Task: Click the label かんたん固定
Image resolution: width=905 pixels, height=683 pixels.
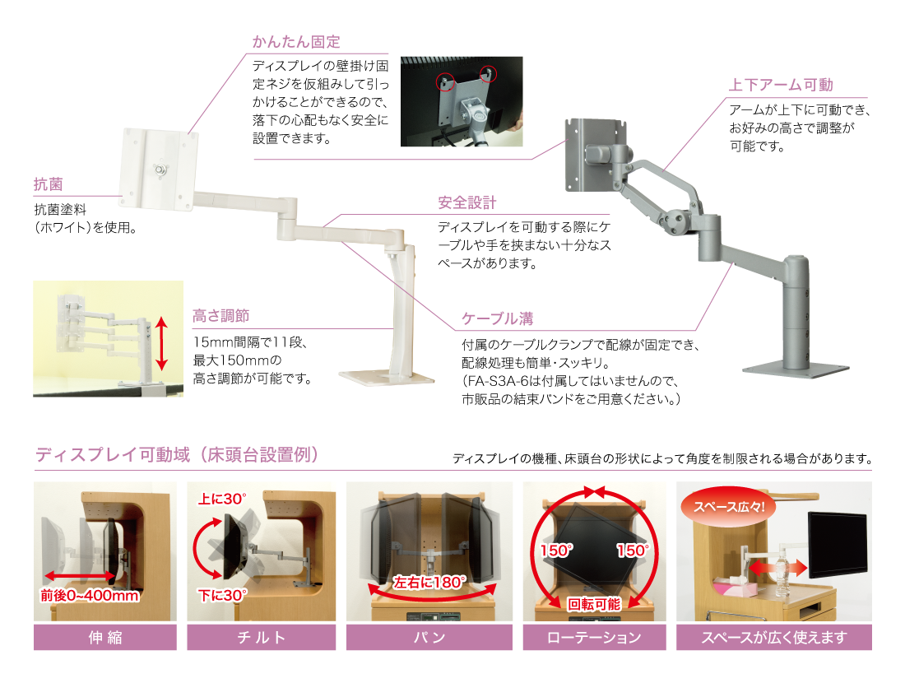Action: click(x=296, y=42)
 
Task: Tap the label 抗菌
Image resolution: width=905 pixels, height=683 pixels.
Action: click(x=48, y=185)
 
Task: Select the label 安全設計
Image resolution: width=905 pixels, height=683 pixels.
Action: click(x=466, y=203)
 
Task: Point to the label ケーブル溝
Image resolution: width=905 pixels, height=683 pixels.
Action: click(x=497, y=318)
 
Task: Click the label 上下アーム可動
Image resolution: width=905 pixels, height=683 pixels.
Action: click(x=781, y=85)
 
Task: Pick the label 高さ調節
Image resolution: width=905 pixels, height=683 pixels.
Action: click(x=220, y=316)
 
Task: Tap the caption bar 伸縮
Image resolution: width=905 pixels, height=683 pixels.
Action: click(x=104, y=637)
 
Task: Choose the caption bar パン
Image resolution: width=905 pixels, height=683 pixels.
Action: click(x=429, y=637)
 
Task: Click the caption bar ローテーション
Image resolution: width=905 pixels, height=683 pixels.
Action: click(x=594, y=637)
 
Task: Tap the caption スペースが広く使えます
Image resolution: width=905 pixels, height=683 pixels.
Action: click(x=773, y=637)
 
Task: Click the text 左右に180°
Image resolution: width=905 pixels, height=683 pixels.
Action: click(x=429, y=582)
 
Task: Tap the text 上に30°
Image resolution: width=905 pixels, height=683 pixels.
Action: click(x=223, y=499)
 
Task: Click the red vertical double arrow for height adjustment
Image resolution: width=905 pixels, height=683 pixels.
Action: click(x=162, y=344)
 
